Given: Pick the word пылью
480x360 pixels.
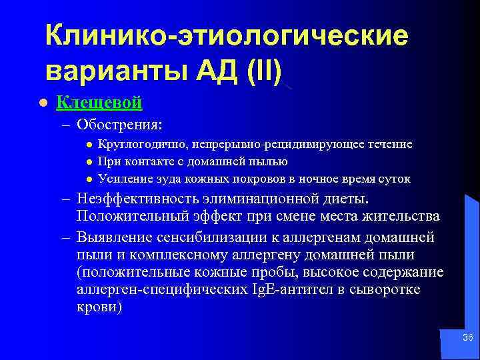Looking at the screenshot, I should (x=270, y=161).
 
